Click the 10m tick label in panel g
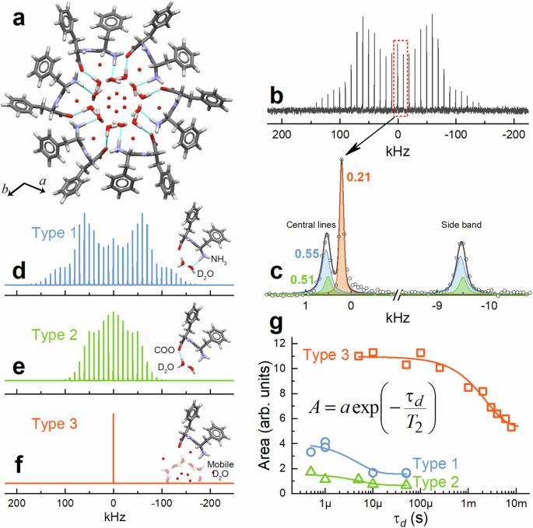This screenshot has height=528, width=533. (516, 505)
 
